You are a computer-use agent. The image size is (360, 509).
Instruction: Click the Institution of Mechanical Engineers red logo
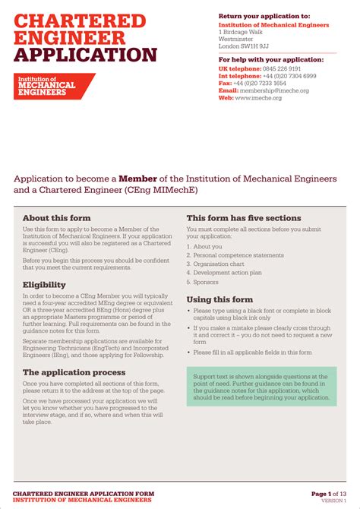click(53, 87)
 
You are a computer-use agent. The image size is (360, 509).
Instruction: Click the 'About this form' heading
click(56, 218)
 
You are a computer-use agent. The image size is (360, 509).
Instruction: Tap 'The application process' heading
click(74, 373)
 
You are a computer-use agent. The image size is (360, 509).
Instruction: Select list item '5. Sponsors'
click(205, 281)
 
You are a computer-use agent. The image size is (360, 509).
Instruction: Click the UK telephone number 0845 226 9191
click(281, 69)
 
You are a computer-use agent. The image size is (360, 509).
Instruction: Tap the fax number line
click(253, 84)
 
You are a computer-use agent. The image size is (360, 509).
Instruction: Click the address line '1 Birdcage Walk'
click(241, 32)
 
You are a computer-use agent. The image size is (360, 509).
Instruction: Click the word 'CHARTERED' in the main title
click(74, 20)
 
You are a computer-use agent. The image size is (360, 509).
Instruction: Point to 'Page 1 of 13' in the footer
click(328, 494)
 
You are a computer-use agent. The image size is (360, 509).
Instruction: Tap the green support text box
click(261, 386)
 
